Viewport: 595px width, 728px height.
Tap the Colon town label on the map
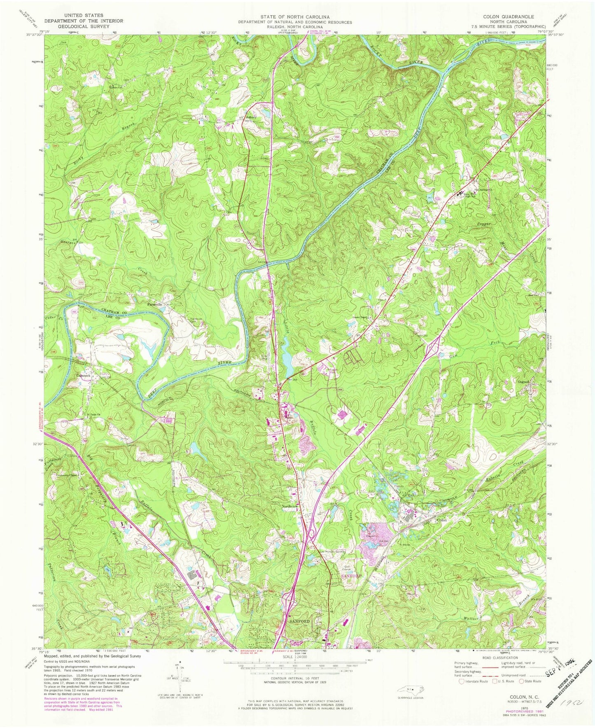pyautogui.click(x=442, y=520)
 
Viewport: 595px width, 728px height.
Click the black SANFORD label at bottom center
pyautogui.click(x=299, y=621)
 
